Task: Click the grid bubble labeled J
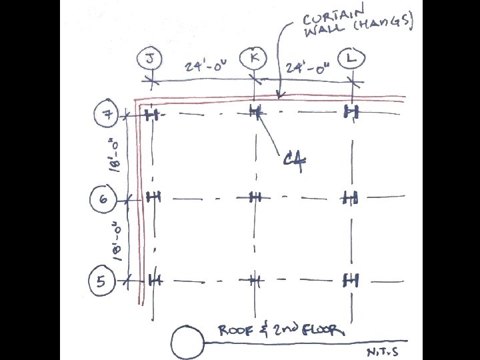point(148,59)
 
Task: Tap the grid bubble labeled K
point(254,58)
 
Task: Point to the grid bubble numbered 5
point(101,281)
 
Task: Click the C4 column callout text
point(294,161)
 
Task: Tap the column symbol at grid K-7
point(255,111)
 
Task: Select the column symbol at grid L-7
point(351,112)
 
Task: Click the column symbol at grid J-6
point(154,197)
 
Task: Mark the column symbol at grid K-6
point(255,197)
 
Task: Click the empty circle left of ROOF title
point(187,343)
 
